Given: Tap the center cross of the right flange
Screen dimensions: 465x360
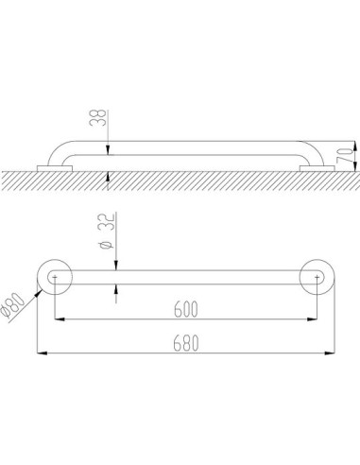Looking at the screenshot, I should point(316,277).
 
